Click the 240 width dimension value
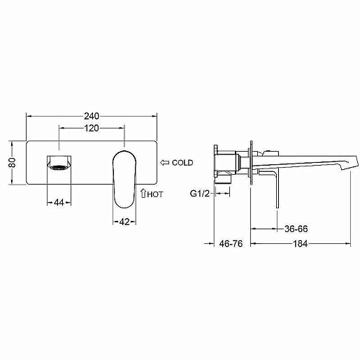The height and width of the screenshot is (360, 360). (92, 116)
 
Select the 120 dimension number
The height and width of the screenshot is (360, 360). (92, 128)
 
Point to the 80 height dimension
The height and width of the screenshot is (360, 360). (12, 162)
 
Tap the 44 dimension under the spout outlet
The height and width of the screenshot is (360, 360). (59, 203)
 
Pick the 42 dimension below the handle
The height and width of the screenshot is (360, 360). (124, 222)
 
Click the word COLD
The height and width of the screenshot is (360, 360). (182, 163)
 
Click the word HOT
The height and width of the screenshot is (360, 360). (155, 194)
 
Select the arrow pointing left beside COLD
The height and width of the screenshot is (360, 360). (165, 163)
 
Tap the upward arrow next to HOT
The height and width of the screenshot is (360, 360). (143, 193)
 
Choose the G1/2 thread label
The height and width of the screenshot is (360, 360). (200, 194)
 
